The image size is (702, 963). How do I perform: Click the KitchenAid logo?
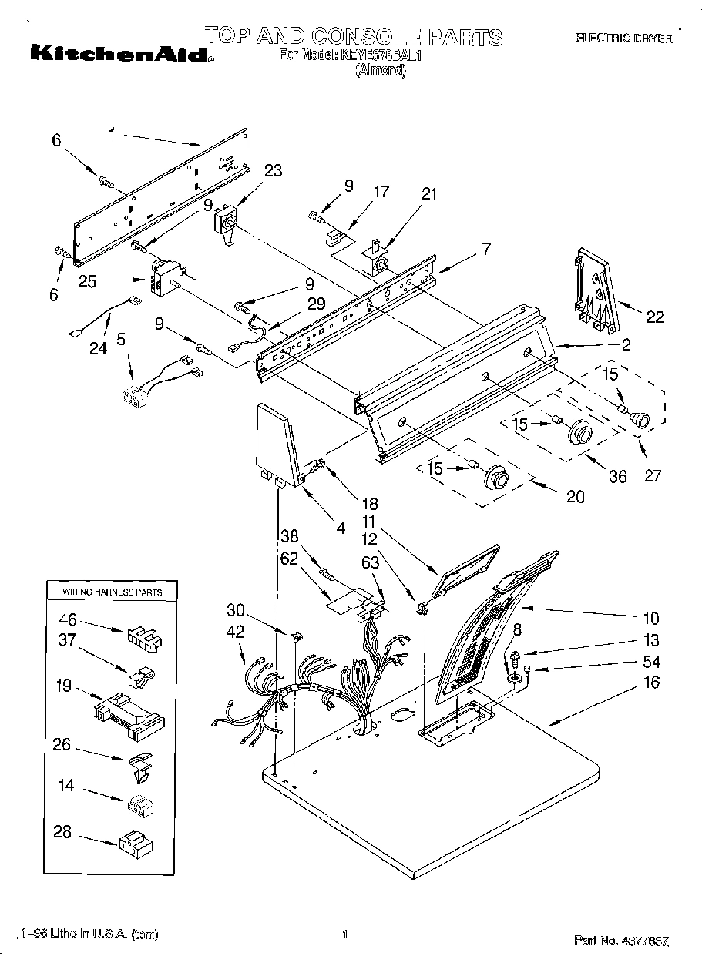[x=122, y=55]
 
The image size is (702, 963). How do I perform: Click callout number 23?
[x=274, y=172]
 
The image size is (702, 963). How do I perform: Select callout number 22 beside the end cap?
[x=655, y=317]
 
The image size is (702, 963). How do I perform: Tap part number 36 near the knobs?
[x=618, y=477]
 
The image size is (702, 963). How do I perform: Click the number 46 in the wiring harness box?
[x=68, y=618]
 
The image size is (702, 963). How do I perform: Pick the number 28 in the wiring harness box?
[x=64, y=831]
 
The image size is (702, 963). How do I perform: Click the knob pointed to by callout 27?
[x=638, y=420]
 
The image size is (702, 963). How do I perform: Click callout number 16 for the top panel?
[x=652, y=683]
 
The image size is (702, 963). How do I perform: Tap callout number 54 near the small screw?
[x=651, y=662]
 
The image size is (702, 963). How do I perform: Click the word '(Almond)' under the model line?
[x=380, y=71]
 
